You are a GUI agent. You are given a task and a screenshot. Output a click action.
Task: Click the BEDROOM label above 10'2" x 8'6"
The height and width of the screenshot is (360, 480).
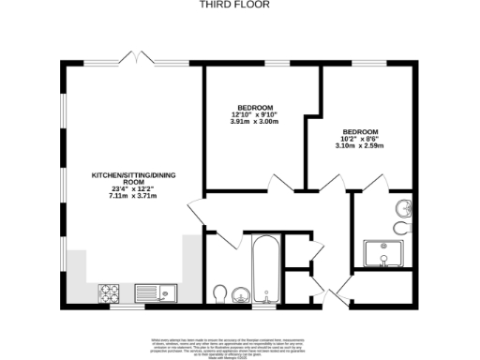tap(361, 131)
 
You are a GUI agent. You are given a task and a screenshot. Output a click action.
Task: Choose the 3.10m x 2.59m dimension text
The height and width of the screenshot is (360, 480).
tap(361, 146)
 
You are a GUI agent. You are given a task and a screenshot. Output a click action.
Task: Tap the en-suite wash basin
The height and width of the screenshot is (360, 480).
tap(405, 208)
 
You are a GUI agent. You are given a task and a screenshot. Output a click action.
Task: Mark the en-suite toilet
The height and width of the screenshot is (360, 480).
tap(403, 228)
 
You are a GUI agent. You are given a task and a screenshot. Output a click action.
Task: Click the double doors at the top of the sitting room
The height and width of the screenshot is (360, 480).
tap(138, 59)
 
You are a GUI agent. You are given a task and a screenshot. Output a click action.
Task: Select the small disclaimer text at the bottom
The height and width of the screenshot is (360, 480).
tap(239, 341)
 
